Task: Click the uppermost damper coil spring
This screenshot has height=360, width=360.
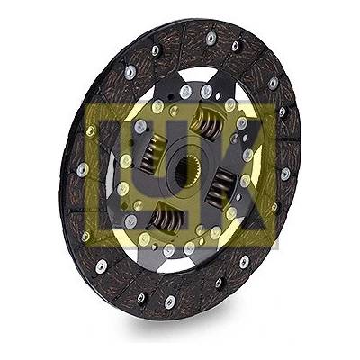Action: tap(208, 123)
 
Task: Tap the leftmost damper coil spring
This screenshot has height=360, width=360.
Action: tap(152, 154)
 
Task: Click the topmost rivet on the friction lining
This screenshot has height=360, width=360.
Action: tap(211, 37)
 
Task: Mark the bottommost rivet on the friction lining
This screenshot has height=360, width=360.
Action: tap(170, 301)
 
